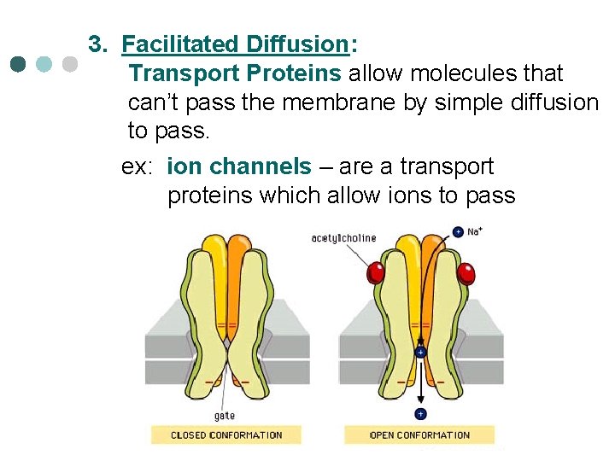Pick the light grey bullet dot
tap(70, 64)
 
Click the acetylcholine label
tap(343, 238)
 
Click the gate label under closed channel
tap(225, 416)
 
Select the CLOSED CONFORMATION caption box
tap(226, 435)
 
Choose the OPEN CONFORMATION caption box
tap(419, 435)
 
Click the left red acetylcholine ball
tap(375, 272)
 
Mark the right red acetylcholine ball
tap(466, 273)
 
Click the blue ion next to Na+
tap(458, 231)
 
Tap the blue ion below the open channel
tap(420, 414)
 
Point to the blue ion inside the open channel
tap(420, 352)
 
